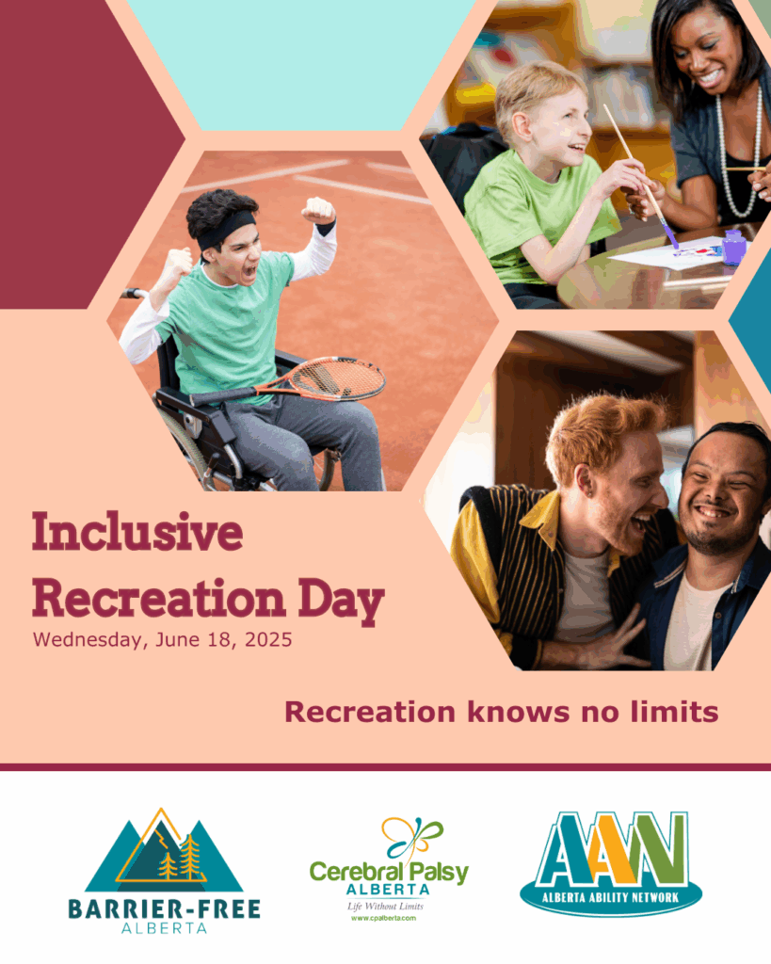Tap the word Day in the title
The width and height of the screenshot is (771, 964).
coord(341,602)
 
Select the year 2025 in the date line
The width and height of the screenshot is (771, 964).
coord(268,639)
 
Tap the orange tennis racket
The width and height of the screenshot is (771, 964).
coord(289,382)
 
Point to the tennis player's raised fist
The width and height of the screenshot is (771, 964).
coord(318,210)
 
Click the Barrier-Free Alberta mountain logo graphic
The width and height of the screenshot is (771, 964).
coord(164,850)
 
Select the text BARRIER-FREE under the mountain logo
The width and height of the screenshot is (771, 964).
coord(164,909)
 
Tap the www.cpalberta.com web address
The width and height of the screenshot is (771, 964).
coord(384,918)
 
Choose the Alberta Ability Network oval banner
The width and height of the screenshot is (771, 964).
coord(611,897)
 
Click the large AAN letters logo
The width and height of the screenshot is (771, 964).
coord(611,849)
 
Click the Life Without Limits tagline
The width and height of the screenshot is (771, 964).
coord(386,907)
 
